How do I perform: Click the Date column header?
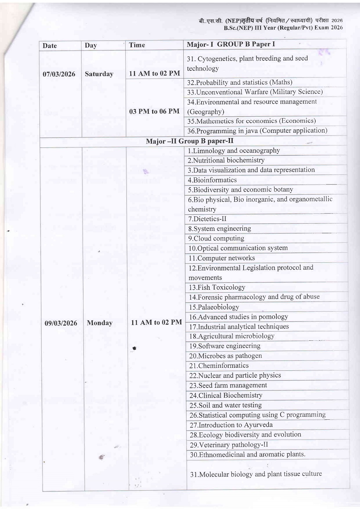(50, 46)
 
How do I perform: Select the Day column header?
(91, 45)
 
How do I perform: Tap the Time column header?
(137, 45)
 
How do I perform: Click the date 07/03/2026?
(59, 74)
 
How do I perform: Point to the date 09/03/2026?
(61, 323)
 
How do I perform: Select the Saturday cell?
(99, 74)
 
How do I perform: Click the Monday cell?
(99, 323)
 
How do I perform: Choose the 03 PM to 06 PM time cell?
(154, 111)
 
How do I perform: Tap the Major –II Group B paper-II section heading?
(189, 141)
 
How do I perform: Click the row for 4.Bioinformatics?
(212, 180)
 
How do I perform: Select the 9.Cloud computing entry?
(216, 239)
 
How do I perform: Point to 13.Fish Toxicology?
(217, 287)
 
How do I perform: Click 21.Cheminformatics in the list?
(219, 366)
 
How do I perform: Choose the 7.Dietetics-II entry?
(207, 219)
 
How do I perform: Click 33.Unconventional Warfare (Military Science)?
(255, 92)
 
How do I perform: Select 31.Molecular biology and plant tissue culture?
(256, 474)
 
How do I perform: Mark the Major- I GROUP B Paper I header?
(231, 44)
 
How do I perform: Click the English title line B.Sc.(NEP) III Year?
(283, 28)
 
